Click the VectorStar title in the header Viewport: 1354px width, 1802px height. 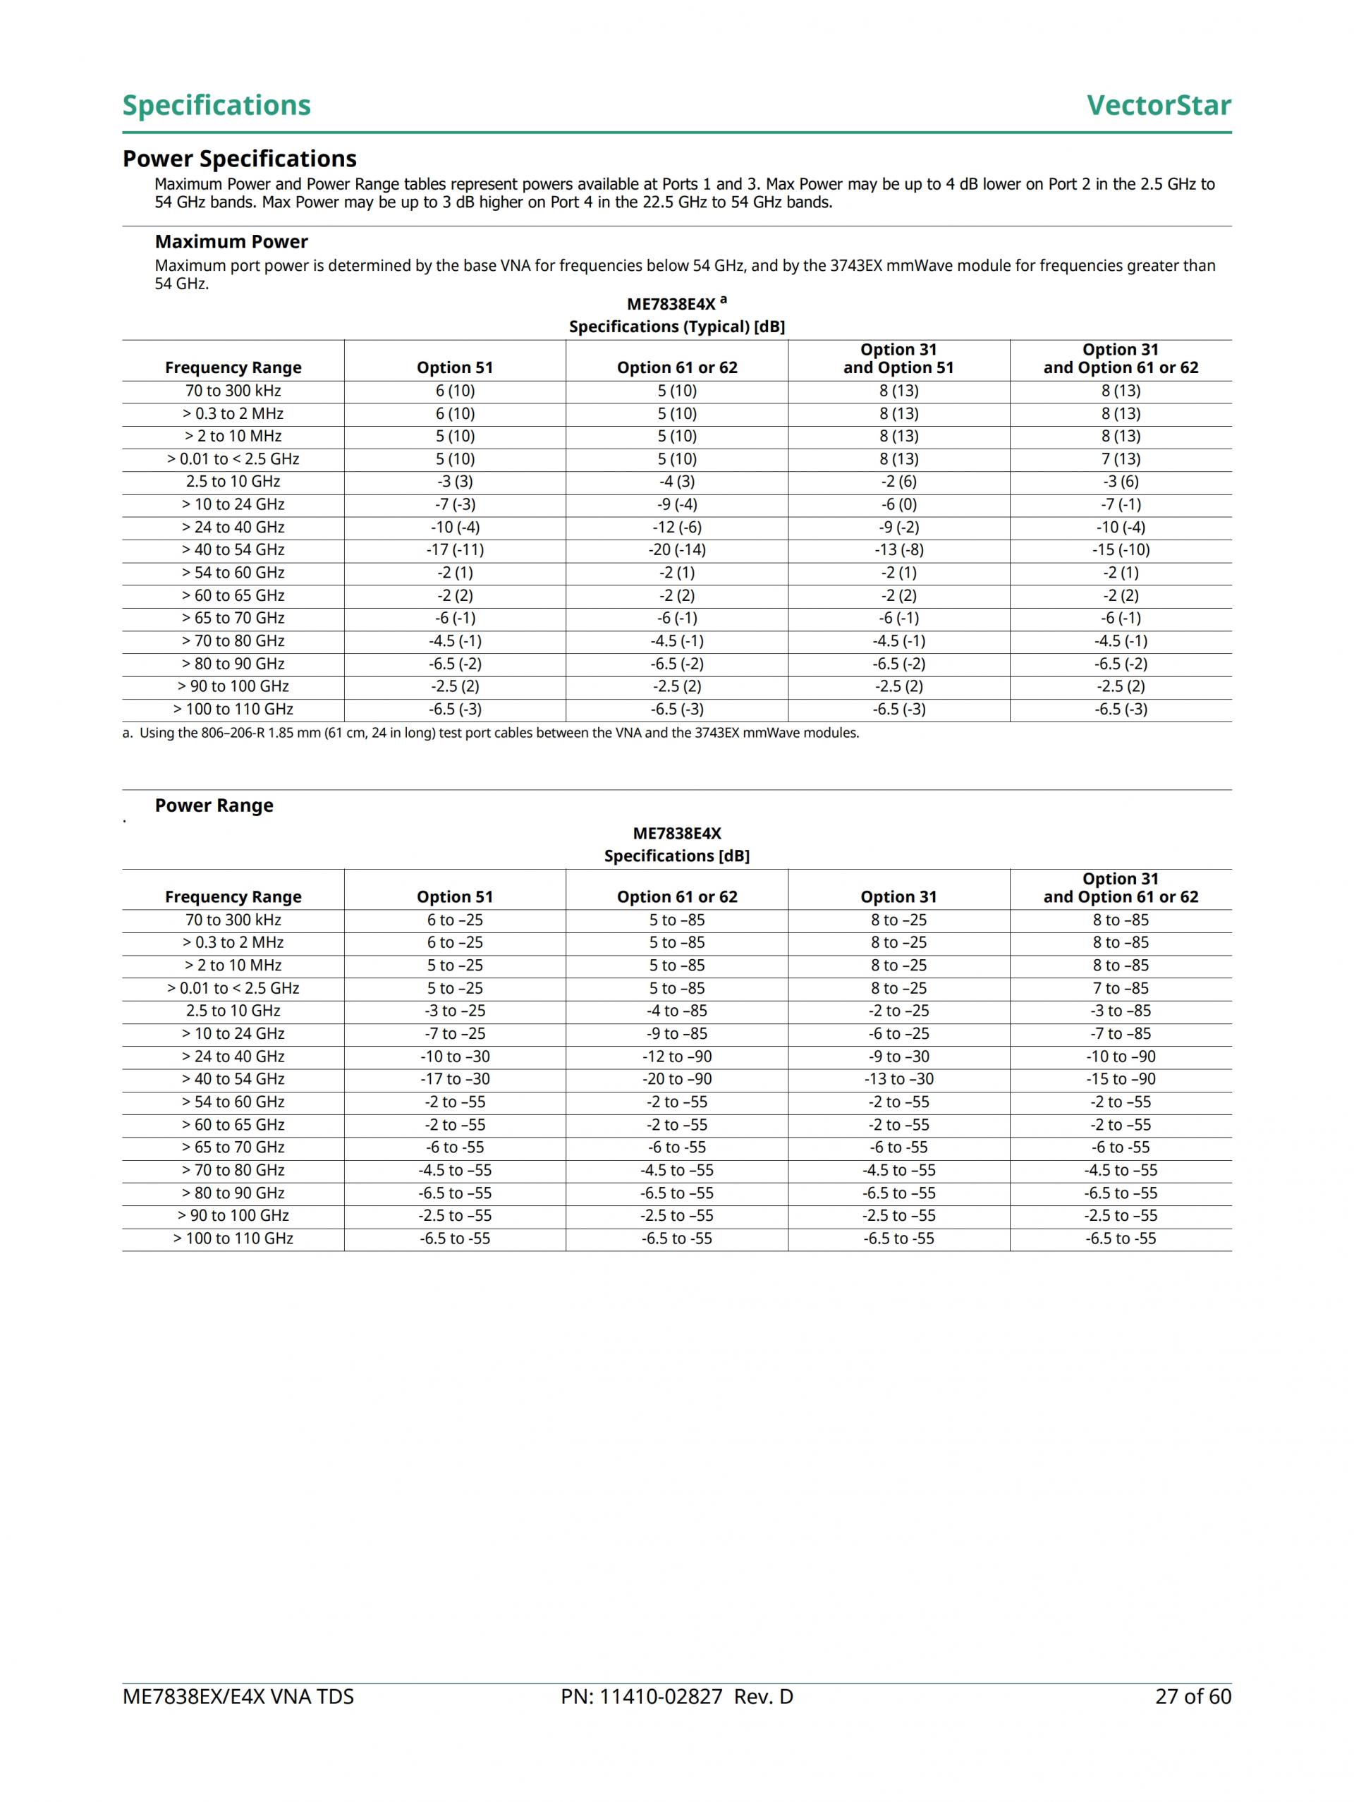tap(1158, 105)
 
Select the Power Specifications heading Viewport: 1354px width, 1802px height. tap(240, 159)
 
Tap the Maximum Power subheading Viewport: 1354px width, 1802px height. tap(231, 242)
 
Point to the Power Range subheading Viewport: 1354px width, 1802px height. tap(214, 805)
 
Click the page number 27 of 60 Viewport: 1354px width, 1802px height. tap(1193, 1697)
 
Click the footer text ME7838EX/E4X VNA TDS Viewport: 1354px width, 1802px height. tap(238, 1697)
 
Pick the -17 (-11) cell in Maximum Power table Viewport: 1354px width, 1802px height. tap(455, 550)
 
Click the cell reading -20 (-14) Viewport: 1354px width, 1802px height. tap(677, 550)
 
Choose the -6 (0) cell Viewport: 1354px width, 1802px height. tap(898, 504)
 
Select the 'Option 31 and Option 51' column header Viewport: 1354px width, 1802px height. tap(898, 358)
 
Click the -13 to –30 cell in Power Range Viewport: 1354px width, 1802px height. tap(898, 1079)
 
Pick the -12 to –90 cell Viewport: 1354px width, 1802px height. tap(677, 1057)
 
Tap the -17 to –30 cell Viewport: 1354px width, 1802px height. tap(455, 1079)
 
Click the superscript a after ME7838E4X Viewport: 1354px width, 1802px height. tap(724, 300)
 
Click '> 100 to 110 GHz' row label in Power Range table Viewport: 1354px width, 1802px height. tap(233, 1239)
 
